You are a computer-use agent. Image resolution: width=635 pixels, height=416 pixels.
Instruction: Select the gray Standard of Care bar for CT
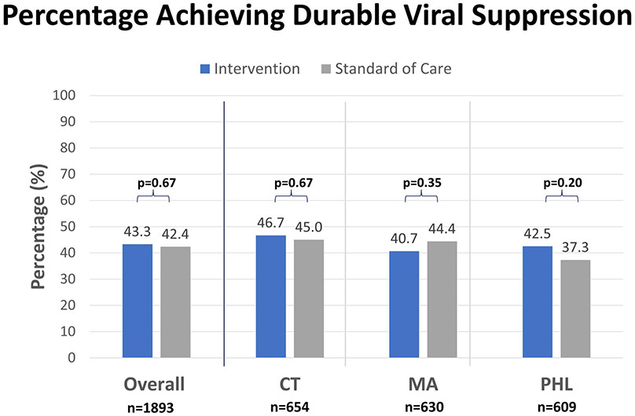pos(309,298)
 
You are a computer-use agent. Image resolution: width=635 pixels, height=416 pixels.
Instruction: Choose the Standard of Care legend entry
pos(385,68)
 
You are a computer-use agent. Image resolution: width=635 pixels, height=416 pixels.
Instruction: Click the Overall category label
pos(154,385)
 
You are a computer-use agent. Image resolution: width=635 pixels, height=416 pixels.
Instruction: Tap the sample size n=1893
pos(154,407)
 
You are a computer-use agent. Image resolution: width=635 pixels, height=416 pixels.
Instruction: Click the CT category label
pos(290,385)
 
